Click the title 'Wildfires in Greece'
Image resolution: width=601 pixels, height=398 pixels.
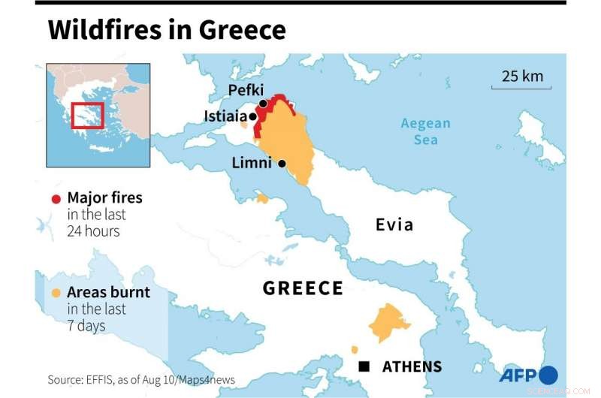(x=167, y=29)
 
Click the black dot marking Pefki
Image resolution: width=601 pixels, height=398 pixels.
(x=262, y=104)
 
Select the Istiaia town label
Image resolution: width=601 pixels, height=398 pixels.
(x=225, y=116)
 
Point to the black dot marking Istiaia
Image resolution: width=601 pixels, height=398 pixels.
(x=253, y=117)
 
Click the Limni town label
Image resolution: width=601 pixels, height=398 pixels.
(x=252, y=163)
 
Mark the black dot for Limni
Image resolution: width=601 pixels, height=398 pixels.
(x=282, y=164)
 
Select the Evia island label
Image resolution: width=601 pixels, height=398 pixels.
(x=394, y=225)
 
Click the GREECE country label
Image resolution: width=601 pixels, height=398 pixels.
(x=303, y=288)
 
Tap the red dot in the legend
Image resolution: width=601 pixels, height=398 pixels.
(x=56, y=200)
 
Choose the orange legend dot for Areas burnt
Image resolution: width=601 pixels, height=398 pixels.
(x=56, y=293)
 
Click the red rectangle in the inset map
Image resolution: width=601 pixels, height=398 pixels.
(x=87, y=116)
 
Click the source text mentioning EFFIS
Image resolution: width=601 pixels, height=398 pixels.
(x=145, y=378)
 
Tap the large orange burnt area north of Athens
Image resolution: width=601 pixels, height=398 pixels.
(x=388, y=323)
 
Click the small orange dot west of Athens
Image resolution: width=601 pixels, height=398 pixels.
(x=355, y=350)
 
